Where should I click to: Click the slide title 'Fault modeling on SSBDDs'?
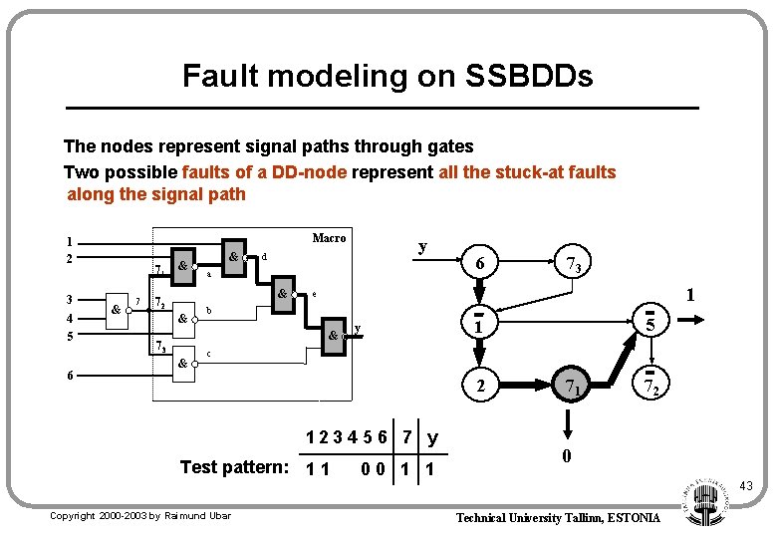click(388, 76)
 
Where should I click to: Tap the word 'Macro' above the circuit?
click(329, 237)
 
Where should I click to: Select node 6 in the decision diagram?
click(480, 263)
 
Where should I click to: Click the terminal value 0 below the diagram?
click(566, 456)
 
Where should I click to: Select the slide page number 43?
click(746, 485)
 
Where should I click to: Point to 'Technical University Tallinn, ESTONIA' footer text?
click(558, 517)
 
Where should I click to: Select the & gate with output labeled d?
click(233, 256)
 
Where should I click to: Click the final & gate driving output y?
click(334, 336)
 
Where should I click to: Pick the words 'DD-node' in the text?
click(315, 172)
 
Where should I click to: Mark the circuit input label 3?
click(69, 299)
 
